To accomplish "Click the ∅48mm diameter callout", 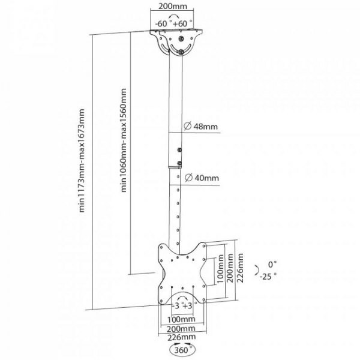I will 202,127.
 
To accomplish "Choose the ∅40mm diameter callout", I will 202,178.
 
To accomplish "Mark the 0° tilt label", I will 273,264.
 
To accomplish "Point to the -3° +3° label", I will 180,306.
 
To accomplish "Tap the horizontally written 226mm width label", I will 180,337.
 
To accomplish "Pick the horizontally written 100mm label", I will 180,318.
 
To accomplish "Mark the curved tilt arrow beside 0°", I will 257,270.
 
